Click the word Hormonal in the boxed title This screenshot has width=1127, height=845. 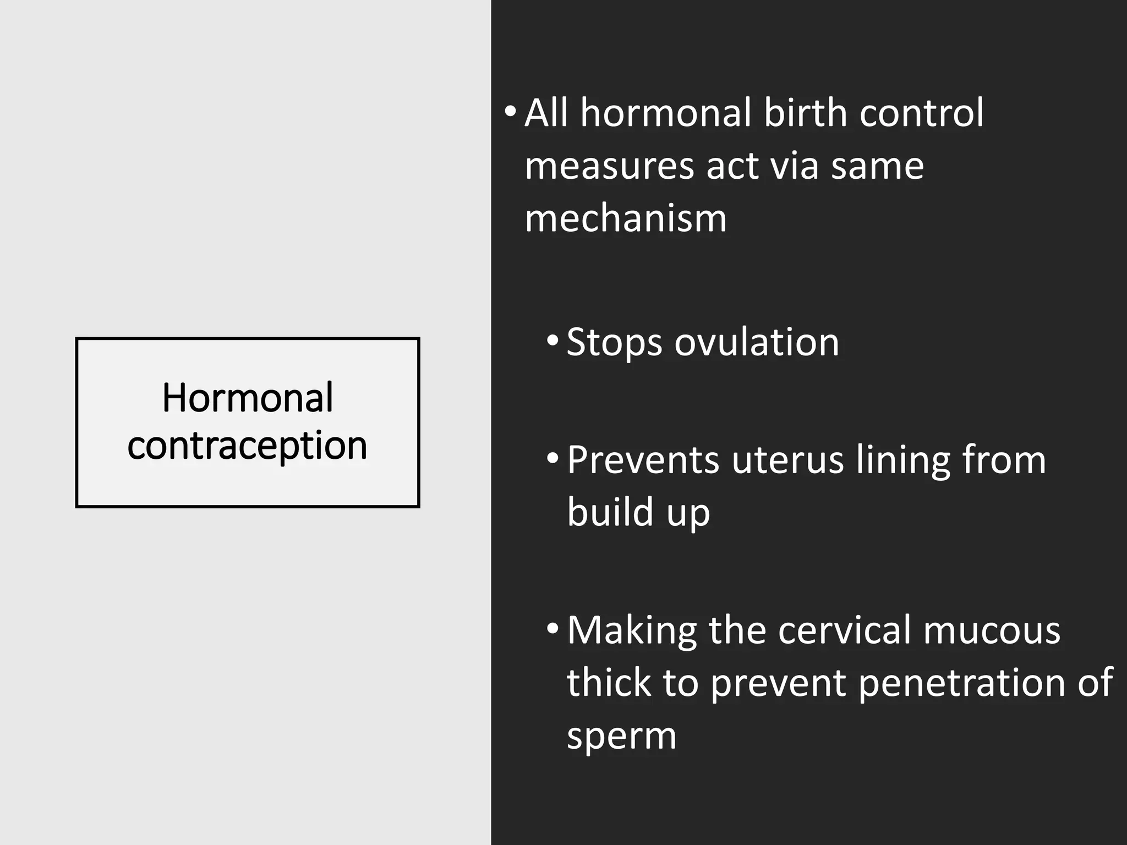click(x=247, y=397)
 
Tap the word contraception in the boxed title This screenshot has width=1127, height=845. click(x=247, y=445)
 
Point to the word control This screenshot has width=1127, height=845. click(x=921, y=113)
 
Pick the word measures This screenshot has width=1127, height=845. click(x=609, y=166)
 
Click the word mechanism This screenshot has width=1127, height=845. click(x=626, y=218)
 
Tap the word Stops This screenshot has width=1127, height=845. click(x=614, y=343)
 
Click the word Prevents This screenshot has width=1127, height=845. click(x=643, y=460)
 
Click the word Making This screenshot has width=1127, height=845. click(x=632, y=630)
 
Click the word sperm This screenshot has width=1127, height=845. click(x=621, y=736)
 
